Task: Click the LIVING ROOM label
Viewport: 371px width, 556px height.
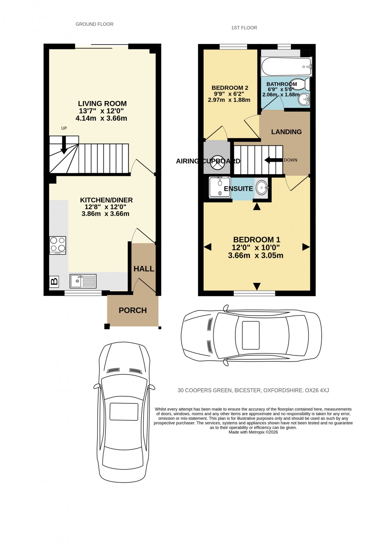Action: (x=102, y=104)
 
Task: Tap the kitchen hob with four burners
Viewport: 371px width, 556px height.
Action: (x=57, y=245)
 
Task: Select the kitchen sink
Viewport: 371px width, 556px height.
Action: (x=83, y=281)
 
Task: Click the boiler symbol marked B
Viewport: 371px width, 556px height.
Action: (x=54, y=281)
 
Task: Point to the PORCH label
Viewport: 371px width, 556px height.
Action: (x=133, y=310)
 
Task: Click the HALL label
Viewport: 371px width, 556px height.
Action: (x=144, y=269)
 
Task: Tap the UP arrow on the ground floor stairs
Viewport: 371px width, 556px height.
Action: (x=64, y=144)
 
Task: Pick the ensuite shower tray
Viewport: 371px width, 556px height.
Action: (x=220, y=187)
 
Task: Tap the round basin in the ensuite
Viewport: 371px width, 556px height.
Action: (x=262, y=188)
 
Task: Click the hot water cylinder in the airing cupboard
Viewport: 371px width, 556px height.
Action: (x=218, y=163)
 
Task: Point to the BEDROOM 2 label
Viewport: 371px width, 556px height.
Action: (x=230, y=88)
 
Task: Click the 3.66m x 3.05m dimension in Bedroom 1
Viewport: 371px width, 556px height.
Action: (x=255, y=256)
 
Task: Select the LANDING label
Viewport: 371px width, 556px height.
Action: (x=286, y=132)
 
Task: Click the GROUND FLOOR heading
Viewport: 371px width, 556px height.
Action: (x=95, y=24)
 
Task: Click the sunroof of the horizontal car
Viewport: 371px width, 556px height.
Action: (x=251, y=335)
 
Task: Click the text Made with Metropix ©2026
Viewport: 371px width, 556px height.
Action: (x=253, y=432)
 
